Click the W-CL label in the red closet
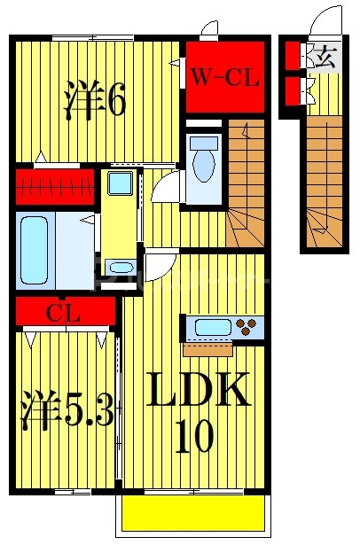point(225,77)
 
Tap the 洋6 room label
point(95,99)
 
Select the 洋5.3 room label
point(67,410)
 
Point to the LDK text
point(199,389)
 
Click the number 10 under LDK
point(194,436)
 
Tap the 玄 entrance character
point(325,57)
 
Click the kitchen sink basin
point(213,327)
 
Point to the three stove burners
point(246,327)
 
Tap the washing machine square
point(120,183)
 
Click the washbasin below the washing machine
point(121,268)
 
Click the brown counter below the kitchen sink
point(207,349)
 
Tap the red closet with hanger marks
point(55,187)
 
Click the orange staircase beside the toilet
point(247,183)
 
